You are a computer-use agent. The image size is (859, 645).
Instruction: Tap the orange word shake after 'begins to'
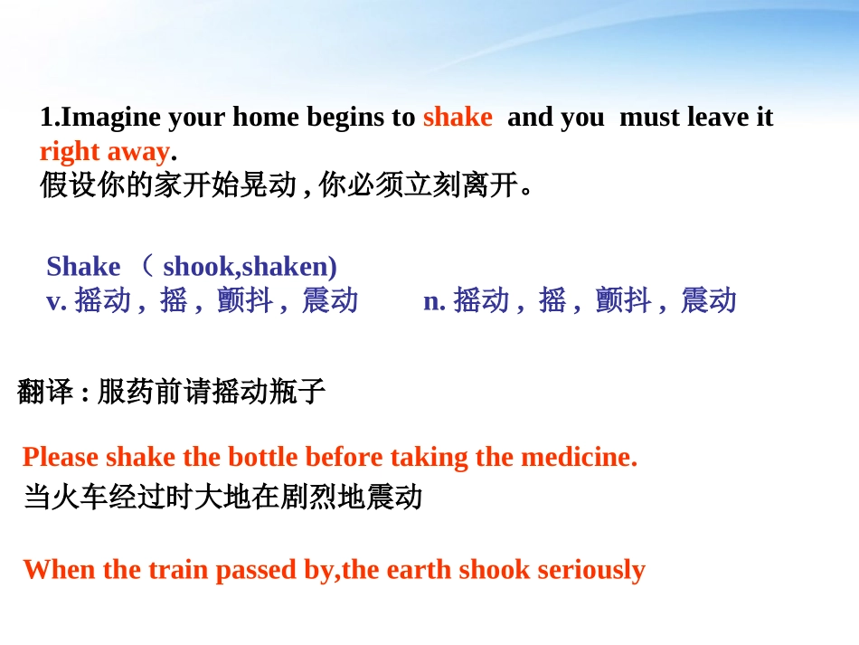(x=458, y=118)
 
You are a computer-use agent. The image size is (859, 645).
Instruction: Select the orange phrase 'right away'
(x=104, y=151)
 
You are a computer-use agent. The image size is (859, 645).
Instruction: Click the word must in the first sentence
(x=649, y=118)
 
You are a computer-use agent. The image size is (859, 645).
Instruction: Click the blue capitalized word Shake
(x=83, y=267)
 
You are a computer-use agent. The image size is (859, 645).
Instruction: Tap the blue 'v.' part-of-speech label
(x=56, y=300)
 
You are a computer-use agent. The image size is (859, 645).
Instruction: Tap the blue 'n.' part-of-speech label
(x=434, y=300)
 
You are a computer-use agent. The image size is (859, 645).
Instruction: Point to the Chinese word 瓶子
(x=297, y=392)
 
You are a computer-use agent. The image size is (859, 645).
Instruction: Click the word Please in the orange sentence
(x=61, y=457)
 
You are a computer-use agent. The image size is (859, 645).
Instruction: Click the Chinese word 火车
(x=80, y=497)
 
